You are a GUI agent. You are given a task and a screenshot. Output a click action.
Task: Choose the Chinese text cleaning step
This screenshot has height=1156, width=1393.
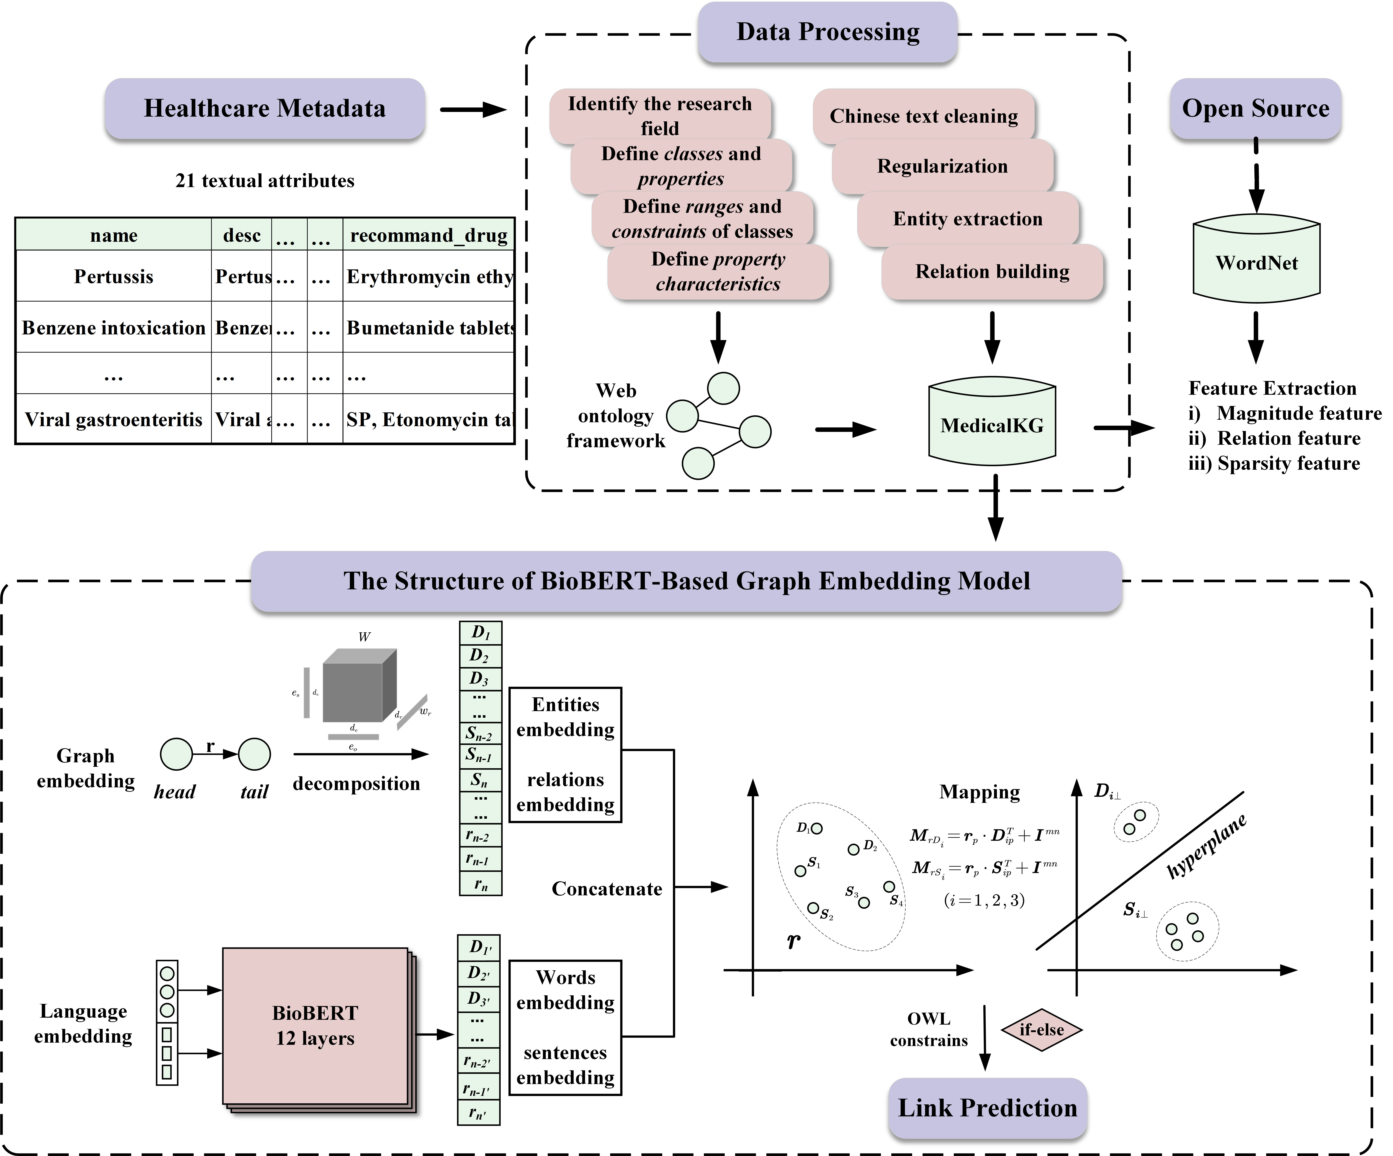click(x=923, y=116)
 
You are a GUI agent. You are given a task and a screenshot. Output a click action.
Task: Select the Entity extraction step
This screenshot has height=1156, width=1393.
click(x=968, y=219)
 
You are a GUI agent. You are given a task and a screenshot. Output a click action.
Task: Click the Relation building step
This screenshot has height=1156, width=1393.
click(x=992, y=271)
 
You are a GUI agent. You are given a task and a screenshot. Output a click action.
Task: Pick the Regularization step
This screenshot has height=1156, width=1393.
click(x=943, y=166)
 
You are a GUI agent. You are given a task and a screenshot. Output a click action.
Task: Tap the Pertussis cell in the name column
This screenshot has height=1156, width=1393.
click(x=113, y=277)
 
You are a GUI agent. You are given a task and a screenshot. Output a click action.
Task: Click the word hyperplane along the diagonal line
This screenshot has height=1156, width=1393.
click(x=1206, y=846)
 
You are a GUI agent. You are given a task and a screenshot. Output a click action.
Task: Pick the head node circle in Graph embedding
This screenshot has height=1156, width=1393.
click(x=176, y=754)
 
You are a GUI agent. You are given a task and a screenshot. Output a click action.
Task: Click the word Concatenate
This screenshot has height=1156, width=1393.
click(x=607, y=889)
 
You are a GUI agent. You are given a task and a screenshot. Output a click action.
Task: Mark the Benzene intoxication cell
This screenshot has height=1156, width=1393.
click(x=113, y=328)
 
